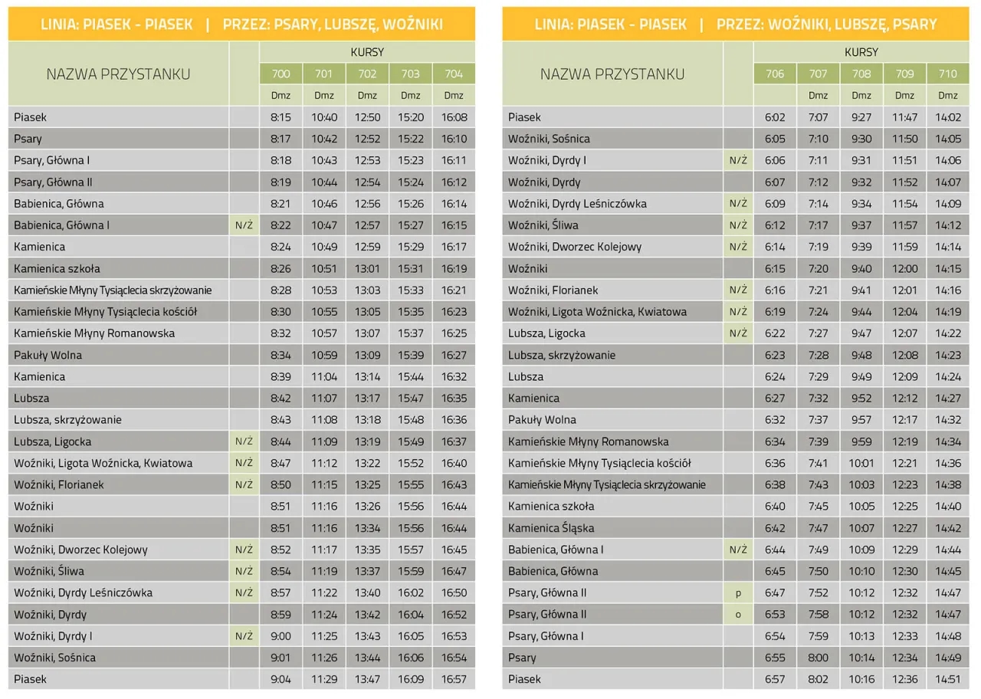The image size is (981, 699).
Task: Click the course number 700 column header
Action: coord(281,74)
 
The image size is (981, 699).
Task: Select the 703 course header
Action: coord(410,74)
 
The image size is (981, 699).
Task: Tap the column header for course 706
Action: coord(775,74)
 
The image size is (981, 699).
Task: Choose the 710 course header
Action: coord(947,74)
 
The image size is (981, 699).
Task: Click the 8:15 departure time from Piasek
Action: coord(281,117)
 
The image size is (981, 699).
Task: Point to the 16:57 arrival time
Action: coord(454,679)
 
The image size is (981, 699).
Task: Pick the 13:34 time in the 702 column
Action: coord(367,528)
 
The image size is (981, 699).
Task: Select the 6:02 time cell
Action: coord(775,117)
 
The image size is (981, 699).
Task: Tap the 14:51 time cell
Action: coord(948,679)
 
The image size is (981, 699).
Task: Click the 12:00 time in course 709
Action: coord(904,269)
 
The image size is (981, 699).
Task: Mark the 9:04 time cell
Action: coord(281,679)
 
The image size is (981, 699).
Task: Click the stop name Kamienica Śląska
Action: coord(551,528)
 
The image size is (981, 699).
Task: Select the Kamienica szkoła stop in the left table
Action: coord(57,269)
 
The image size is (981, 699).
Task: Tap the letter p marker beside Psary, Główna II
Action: coord(738,592)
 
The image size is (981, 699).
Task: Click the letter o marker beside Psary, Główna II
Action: coord(738,614)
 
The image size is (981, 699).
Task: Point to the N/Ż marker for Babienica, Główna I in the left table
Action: coord(244,225)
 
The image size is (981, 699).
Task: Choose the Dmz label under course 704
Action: coord(454,96)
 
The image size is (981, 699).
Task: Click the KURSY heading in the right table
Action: coord(861,52)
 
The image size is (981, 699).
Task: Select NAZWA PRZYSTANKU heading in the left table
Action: coord(118,74)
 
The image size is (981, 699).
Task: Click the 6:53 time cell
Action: coord(775,614)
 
